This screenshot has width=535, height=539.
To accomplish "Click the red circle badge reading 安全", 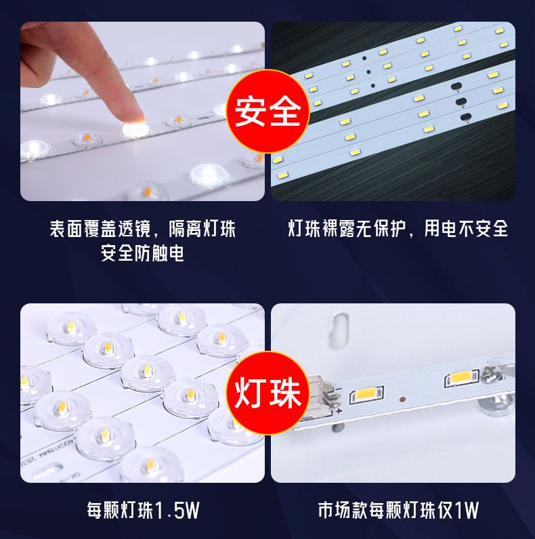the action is point(267,111).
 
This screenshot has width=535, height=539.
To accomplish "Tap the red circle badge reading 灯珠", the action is point(267,393).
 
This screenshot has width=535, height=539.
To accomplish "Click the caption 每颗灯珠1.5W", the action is point(143,510).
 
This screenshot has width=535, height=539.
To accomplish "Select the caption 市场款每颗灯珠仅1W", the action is point(398,510).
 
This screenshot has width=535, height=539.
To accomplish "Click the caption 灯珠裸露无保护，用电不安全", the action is point(398,228).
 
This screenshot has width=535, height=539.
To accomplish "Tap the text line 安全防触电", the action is point(142,253).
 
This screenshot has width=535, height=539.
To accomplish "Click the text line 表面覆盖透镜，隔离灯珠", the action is point(143,228).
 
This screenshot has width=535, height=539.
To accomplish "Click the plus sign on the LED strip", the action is point(339,410).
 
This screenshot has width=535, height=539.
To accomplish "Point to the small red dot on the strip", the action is point(401,400).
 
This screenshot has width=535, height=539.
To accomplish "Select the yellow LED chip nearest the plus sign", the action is point(366,395).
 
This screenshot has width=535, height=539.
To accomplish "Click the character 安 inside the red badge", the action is point(250,111).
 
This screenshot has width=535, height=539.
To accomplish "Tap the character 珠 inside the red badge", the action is point(285,393).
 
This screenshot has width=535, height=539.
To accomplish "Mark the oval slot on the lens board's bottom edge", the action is point(47,471).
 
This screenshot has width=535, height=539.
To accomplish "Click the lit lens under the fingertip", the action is point(136,129).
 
